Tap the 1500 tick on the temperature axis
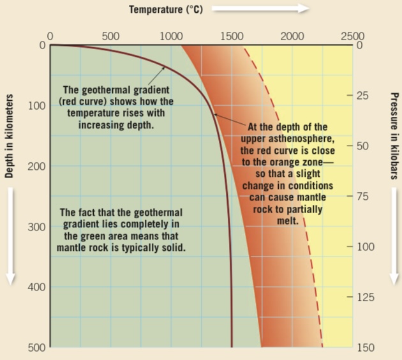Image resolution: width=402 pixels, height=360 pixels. click(x=232, y=36)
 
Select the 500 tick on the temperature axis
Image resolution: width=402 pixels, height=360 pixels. click(x=110, y=36)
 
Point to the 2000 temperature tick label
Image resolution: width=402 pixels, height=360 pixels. click(x=292, y=36)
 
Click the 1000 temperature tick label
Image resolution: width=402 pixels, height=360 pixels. click(x=171, y=36)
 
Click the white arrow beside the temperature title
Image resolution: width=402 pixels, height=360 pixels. click(x=260, y=9)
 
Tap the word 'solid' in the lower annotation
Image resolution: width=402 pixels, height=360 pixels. click(x=172, y=247)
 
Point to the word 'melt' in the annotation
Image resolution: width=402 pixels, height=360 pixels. click(x=288, y=220)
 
